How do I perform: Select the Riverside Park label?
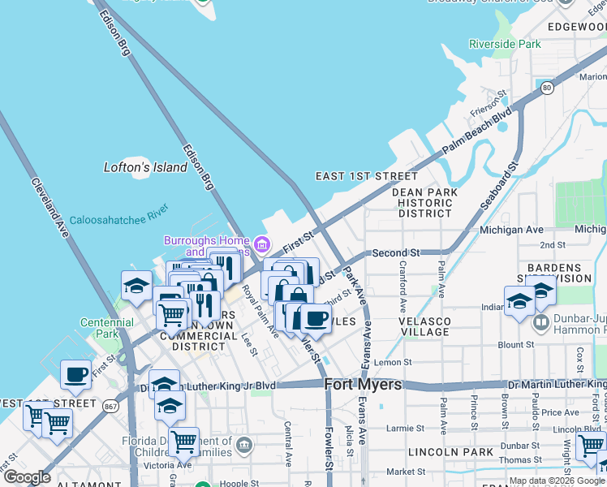click(504, 45)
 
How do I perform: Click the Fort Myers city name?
click(363, 385)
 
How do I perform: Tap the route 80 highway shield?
click(548, 88)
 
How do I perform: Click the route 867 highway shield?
click(110, 404)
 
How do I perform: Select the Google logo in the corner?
click(26, 476)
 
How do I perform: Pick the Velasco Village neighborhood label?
click(424, 326)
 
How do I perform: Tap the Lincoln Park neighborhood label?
click(441, 450)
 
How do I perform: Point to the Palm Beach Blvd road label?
click(478, 131)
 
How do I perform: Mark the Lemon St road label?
click(394, 363)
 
